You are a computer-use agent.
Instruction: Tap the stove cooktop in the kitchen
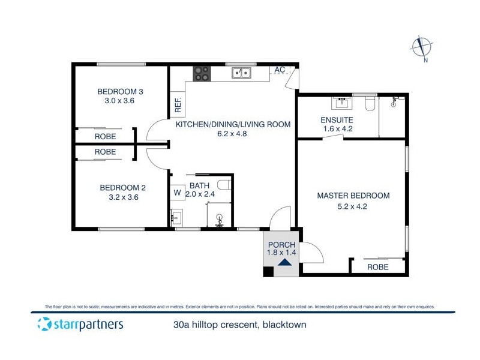[x=202, y=73]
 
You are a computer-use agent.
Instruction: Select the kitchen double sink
[x=242, y=73]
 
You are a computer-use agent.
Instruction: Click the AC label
[x=280, y=70]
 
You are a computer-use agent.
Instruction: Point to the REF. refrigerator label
[x=178, y=106]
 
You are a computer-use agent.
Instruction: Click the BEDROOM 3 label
[x=120, y=92]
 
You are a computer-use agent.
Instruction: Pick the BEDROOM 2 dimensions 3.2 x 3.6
[x=122, y=197]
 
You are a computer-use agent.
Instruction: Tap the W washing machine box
[x=177, y=193]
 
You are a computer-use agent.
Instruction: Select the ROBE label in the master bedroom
[x=377, y=267]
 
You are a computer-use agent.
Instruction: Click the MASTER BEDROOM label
[x=353, y=196]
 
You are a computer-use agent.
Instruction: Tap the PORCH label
[x=281, y=244]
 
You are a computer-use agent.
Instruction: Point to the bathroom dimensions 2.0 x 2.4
[x=199, y=194]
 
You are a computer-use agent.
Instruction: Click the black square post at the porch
[x=268, y=272]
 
